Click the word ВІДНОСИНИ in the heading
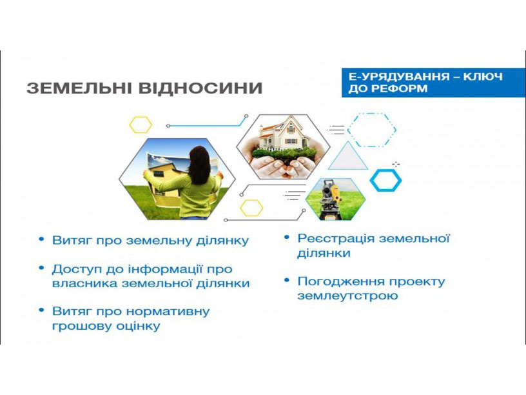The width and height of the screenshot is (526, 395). (200, 88)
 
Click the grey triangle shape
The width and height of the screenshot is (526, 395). (348, 158)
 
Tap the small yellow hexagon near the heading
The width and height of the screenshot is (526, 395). (141, 125)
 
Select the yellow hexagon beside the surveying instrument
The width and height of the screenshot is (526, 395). (251, 208)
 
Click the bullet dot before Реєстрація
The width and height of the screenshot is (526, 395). (286, 238)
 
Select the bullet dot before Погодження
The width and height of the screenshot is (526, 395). (286, 280)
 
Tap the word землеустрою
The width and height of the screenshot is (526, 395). (347, 296)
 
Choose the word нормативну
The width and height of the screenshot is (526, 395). (168, 311)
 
